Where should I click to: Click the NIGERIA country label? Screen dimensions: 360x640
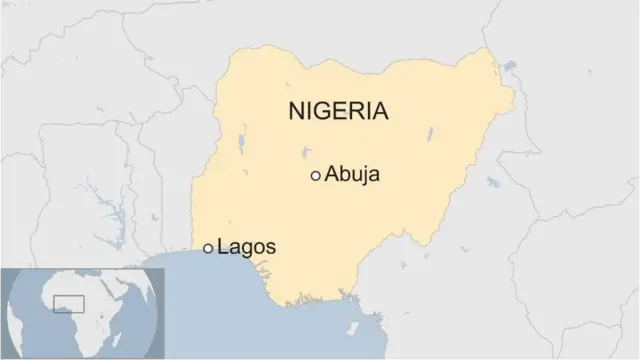[x=338, y=111]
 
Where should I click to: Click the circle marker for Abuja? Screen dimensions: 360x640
[x=316, y=175]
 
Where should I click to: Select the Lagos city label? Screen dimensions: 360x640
[x=246, y=247]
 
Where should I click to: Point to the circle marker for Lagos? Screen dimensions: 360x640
[x=208, y=247]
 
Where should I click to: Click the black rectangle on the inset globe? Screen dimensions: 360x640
[x=68, y=302]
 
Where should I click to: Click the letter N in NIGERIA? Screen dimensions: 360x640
[x=297, y=111]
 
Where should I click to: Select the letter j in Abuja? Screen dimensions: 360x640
[x=366, y=177]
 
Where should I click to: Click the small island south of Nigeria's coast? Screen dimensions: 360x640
[x=352, y=327]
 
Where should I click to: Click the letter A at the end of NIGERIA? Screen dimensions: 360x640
[x=378, y=111]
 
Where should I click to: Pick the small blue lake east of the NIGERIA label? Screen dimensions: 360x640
[x=429, y=132]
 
